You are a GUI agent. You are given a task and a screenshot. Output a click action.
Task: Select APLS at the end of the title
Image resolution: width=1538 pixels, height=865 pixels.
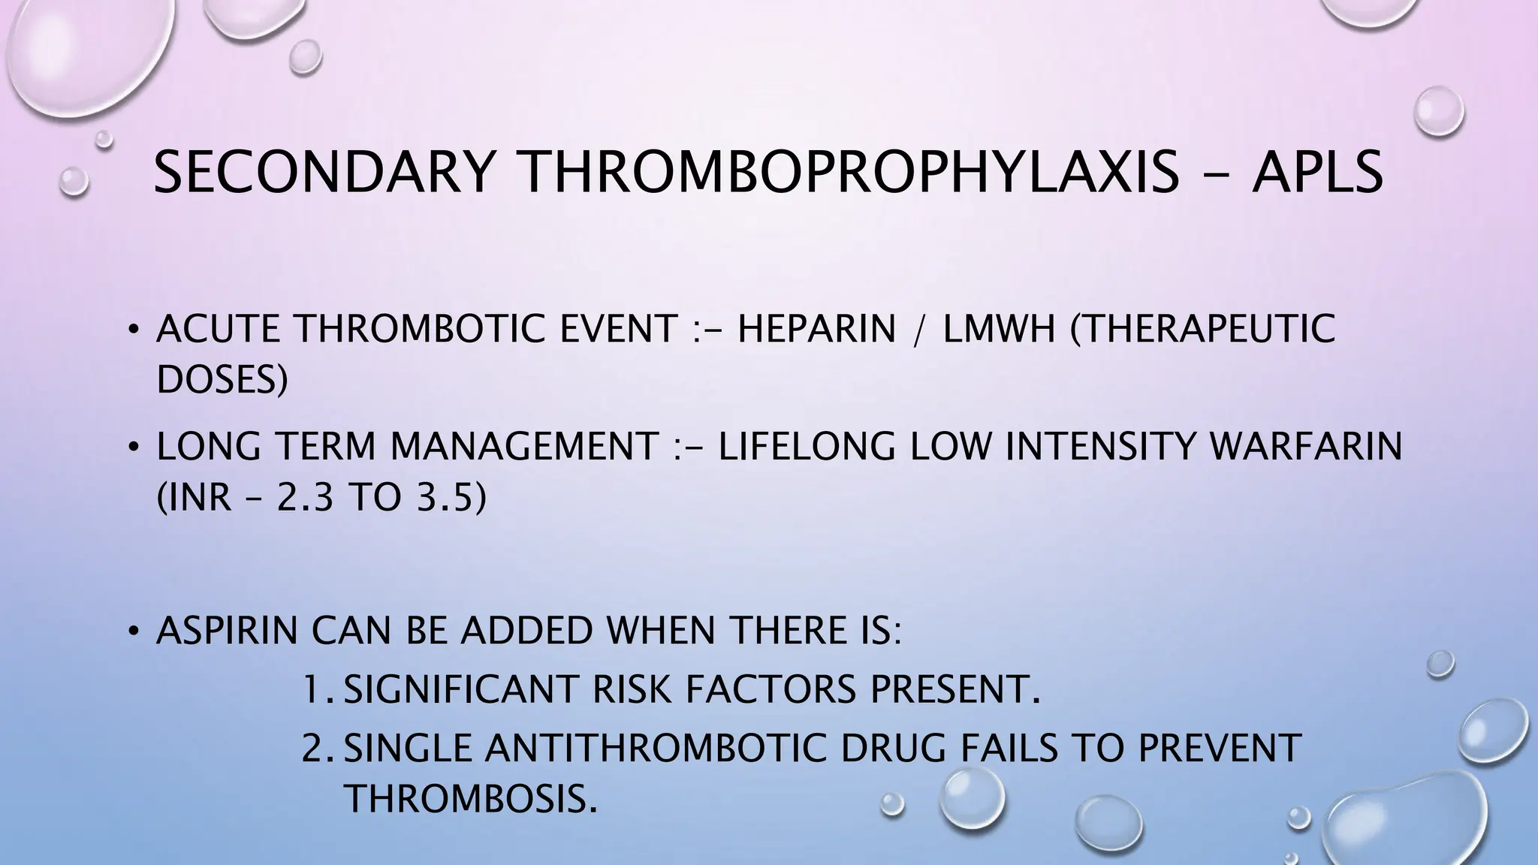pyautogui.click(x=1316, y=172)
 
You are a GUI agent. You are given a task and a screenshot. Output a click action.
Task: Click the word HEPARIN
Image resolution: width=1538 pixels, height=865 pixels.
pyautogui.click(x=817, y=329)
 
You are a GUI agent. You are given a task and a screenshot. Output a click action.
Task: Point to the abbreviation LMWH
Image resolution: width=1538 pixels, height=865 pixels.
pyautogui.click(x=999, y=329)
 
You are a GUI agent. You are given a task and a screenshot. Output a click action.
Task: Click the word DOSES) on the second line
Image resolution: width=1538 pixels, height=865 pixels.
pyautogui.click(x=222, y=380)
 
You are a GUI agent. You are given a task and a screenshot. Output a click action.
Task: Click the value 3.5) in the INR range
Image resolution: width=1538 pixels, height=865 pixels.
pyautogui.click(x=450, y=497)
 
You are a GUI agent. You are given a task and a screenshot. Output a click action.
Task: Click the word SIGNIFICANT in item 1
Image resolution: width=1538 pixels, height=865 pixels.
pyautogui.click(x=461, y=689)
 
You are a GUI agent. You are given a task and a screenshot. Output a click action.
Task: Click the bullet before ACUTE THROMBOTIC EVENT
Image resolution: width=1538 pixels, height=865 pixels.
pyautogui.click(x=133, y=330)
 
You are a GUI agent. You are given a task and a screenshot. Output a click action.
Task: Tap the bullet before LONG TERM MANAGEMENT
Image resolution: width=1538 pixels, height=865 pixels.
pyautogui.click(x=133, y=448)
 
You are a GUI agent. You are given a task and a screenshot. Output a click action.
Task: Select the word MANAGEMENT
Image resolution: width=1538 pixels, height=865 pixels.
pyautogui.click(x=524, y=447)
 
